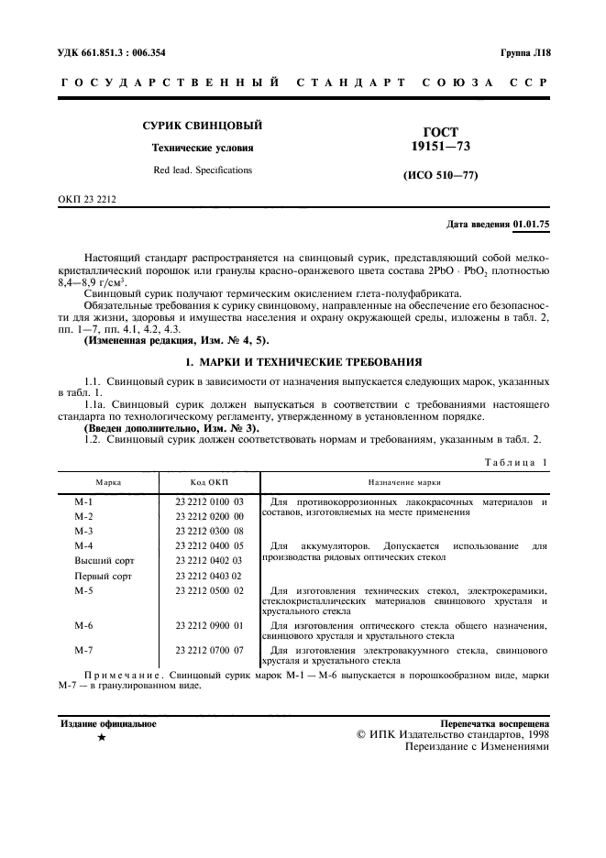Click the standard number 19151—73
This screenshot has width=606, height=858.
point(441,146)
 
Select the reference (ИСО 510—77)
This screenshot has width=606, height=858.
point(441,175)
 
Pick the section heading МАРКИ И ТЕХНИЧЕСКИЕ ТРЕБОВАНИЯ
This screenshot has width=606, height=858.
point(303,363)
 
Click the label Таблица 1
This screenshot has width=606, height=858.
point(516,462)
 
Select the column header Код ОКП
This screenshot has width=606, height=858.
point(209,481)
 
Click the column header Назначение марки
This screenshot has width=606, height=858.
point(404,481)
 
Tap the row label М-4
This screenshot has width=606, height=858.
point(84,545)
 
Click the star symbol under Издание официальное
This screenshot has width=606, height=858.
point(102,736)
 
